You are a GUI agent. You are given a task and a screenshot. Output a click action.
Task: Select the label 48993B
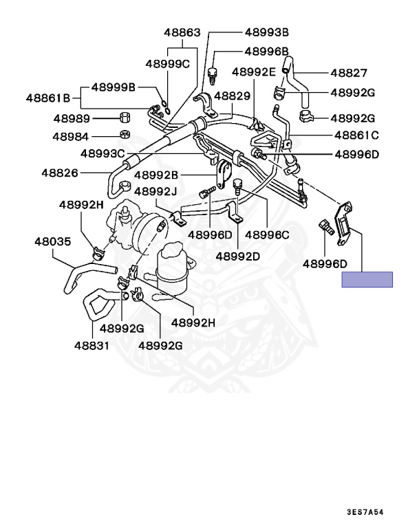coord(267,32)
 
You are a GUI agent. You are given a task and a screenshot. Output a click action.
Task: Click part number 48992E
coord(253,71)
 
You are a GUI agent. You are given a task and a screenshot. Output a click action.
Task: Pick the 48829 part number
coord(233,98)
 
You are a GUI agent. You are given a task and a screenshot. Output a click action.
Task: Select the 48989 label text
coord(72,118)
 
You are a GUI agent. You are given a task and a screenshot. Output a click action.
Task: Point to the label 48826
coord(60,173)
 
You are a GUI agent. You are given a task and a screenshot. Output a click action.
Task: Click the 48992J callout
coord(155,190)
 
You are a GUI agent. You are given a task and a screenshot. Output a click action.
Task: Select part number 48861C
coord(357,135)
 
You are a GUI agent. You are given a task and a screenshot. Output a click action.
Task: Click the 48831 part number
coord(92,344)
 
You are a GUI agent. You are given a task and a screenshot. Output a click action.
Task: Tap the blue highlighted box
coord(367,279)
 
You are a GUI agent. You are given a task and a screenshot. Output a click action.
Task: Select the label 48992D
coord(237,256)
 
